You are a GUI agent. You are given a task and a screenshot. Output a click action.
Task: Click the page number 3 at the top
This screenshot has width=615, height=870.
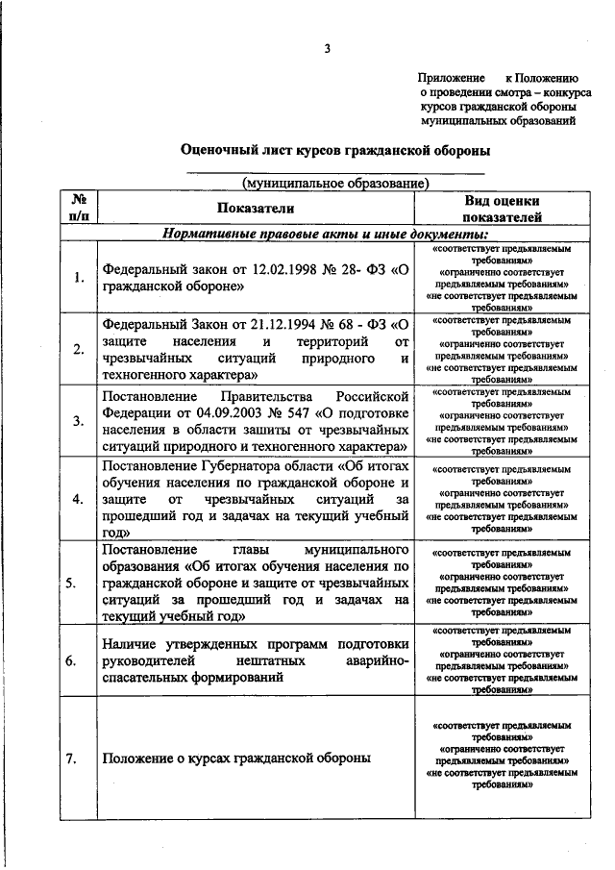point(327,50)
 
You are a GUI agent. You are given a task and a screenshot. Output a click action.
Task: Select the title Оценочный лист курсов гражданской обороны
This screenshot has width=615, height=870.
point(335,150)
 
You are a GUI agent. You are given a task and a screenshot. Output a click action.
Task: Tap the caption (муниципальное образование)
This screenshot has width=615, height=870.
point(335,183)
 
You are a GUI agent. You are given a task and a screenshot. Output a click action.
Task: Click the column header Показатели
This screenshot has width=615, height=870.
point(256,208)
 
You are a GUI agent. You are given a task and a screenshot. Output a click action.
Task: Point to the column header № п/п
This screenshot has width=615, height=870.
point(79,208)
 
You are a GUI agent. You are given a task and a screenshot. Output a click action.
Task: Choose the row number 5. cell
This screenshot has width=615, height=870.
point(79,583)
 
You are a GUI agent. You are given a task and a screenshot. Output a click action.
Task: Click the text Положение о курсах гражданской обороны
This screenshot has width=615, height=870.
point(236,758)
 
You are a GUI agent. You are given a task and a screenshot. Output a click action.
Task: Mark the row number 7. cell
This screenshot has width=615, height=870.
point(79,758)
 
